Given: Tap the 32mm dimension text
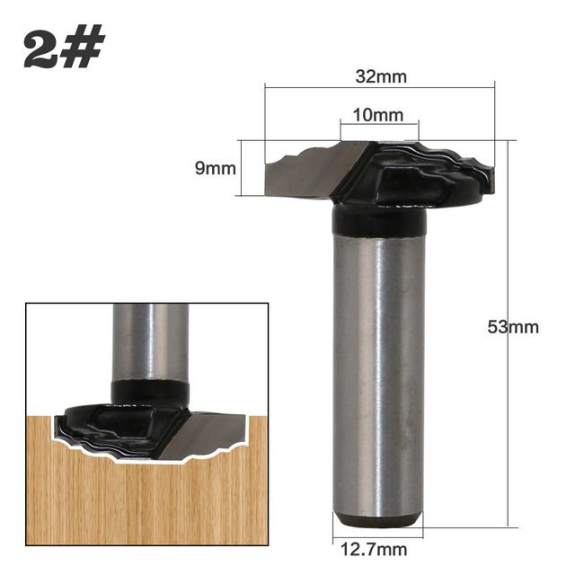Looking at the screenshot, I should pyautogui.click(x=381, y=76).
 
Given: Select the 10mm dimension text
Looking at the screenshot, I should pyautogui.click(x=379, y=116).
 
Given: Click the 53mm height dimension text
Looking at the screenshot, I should pyautogui.click(x=513, y=327).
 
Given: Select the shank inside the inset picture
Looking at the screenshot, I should pyautogui.click(x=150, y=341).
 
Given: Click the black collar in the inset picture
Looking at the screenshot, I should pyautogui.click(x=150, y=392).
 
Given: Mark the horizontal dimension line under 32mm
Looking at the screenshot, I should pyautogui.click(x=379, y=87).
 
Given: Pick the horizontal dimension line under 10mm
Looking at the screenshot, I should pyautogui.click(x=379, y=125).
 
